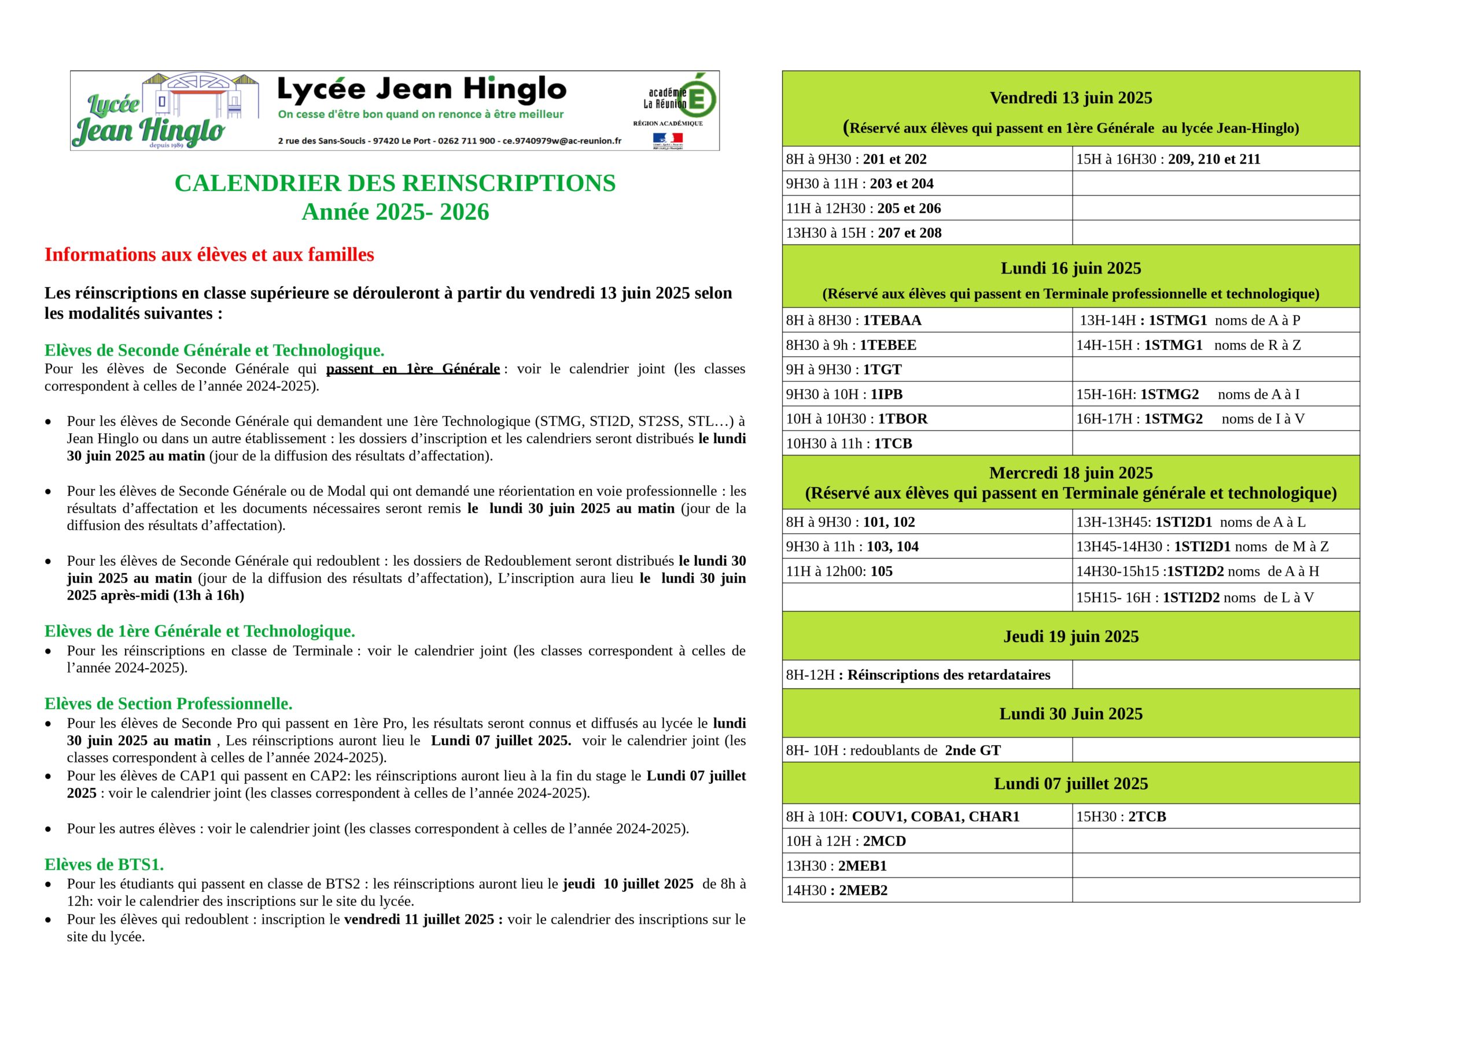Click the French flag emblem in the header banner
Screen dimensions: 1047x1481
click(x=667, y=138)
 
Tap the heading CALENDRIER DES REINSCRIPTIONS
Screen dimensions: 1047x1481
click(x=395, y=183)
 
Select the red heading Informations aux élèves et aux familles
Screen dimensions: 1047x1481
click(x=209, y=255)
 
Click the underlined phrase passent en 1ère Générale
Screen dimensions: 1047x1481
click(x=413, y=369)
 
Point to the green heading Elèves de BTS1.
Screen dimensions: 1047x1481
click(x=104, y=864)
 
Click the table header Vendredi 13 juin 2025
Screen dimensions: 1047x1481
click(x=1070, y=98)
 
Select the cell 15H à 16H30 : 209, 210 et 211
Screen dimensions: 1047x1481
click(x=1167, y=159)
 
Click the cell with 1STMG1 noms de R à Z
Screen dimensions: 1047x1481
click(x=1188, y=345)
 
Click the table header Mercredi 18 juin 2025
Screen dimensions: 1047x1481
click(x=1070, y=473)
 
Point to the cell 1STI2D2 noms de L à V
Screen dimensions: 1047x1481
click(x=1194, y=598)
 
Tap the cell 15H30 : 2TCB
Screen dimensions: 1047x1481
click(x=1121, y=817)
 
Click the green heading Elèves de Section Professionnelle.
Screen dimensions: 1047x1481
click(x=168, y=703)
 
